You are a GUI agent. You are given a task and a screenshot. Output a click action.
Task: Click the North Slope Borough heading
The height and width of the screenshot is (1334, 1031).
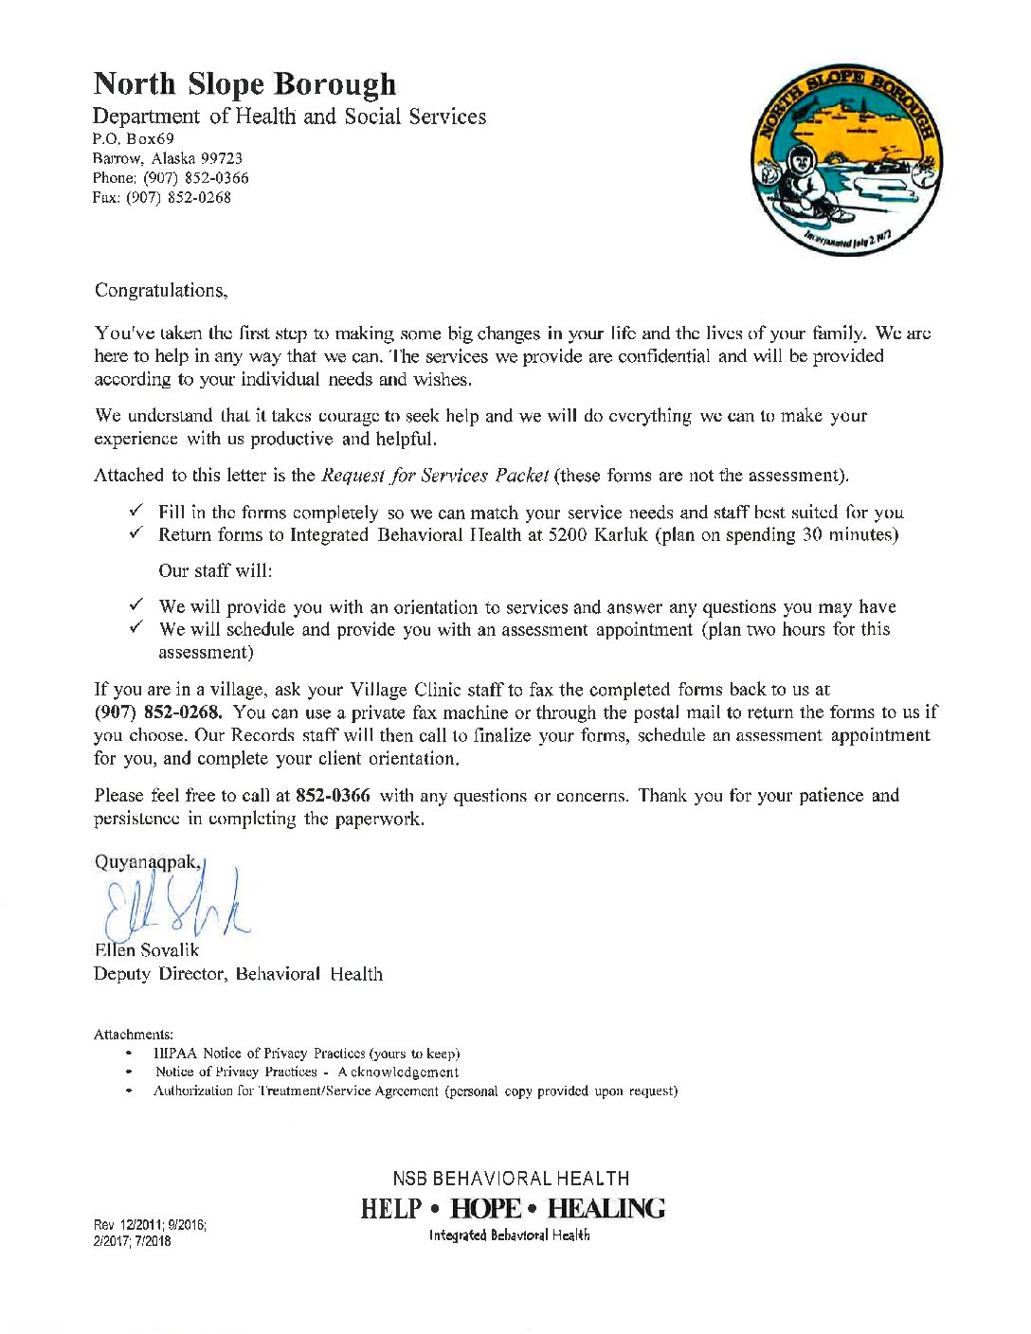[244, 84]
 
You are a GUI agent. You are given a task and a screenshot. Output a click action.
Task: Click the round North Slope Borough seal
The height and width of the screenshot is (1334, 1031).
[846, 162]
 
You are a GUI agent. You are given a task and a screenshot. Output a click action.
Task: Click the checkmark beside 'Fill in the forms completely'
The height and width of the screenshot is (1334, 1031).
[136, 512]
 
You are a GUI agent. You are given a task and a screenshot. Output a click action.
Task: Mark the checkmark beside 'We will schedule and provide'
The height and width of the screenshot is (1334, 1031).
[136, 629]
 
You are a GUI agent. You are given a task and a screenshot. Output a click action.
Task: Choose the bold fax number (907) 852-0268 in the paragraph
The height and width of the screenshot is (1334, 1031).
[157, 712]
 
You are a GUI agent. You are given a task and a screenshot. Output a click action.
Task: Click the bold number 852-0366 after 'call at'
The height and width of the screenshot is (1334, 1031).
[333, 796]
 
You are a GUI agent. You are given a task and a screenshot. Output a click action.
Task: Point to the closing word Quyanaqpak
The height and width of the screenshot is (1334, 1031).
[147, 862]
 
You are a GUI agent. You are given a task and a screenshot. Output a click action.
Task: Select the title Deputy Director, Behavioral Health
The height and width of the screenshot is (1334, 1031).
[238, 974]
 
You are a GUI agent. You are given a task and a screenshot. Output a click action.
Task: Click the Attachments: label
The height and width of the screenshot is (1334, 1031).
[134, 1035]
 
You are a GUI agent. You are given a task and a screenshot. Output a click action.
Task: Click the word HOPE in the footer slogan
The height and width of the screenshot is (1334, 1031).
[486, 1209]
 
